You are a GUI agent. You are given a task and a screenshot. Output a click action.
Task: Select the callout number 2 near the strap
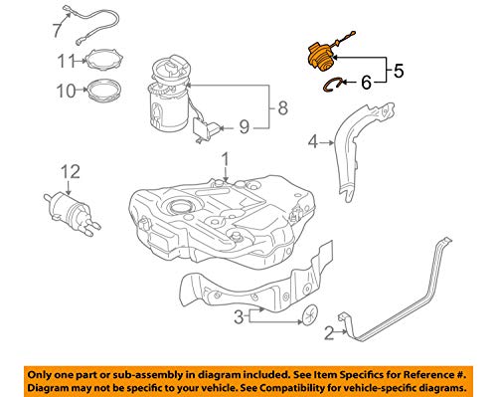[x=328, y=333]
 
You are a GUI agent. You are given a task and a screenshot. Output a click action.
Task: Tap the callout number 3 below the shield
[x=239, y=318]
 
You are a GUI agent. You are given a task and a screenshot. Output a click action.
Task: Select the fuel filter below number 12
[x=69, y=208]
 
